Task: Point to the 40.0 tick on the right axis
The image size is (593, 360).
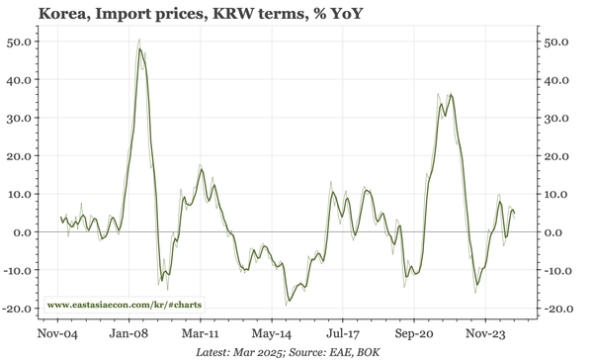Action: coord(559,80)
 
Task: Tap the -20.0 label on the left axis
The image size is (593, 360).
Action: coord(20,309)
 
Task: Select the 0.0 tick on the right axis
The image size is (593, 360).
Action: coord(555,232)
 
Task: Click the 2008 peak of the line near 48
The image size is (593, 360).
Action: coord(140,47)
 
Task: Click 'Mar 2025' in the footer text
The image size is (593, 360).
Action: coord(257,352)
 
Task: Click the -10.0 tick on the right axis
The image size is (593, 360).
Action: coord(557,270)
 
